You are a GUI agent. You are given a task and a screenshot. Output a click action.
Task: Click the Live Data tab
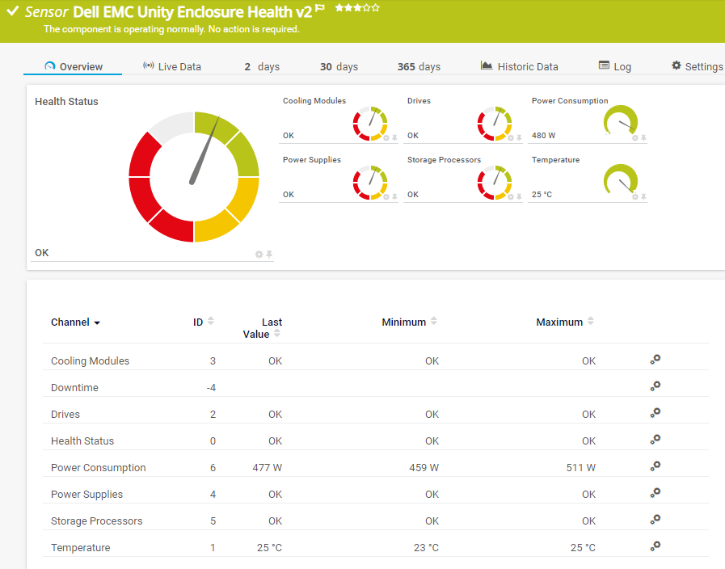point(171,66)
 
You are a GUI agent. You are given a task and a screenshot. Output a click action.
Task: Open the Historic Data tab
point(519,66)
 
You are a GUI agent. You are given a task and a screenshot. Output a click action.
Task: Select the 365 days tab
point(419,66)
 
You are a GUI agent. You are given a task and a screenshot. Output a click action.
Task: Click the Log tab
point(615,66)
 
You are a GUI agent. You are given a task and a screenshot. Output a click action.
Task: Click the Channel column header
point(70,322)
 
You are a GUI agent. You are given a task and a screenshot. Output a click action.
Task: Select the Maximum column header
point(559,322)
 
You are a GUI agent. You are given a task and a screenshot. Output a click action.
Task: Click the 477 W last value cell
point(267,467)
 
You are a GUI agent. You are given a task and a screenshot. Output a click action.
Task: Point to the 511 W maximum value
point(580,467)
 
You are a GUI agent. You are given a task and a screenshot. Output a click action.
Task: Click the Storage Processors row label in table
point(96,521)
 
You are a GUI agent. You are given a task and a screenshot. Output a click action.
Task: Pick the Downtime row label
point(74,387)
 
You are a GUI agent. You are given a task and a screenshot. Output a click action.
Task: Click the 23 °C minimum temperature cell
point(426,547)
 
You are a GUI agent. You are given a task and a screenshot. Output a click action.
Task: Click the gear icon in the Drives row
point(655,413)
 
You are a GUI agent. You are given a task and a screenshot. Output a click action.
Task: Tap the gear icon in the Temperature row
point(655,546)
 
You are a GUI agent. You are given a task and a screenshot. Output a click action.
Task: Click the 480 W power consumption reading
point(543,136)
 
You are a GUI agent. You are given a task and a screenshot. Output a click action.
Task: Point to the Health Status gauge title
point(66,102)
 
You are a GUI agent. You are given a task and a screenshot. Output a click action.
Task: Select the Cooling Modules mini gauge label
point(314,101)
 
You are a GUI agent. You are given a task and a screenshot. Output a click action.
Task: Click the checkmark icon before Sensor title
point(12,11)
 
